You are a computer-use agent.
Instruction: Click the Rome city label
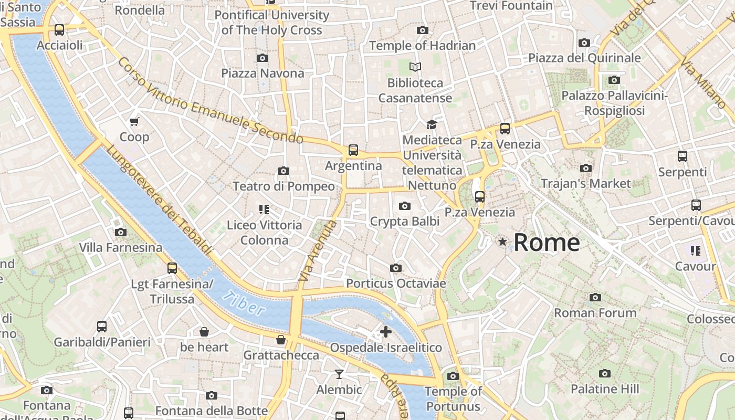coord(547,243)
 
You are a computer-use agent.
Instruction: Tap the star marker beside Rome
coord(503,241)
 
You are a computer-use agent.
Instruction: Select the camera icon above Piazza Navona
coord(262,58)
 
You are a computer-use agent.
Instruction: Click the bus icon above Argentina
coord(353,150)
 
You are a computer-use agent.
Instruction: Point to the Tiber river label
coord(244,304)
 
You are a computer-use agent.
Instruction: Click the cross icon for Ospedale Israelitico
coord(386,332)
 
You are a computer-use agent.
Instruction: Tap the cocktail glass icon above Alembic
coord(339,374)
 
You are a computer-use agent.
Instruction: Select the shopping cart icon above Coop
coord(134,122)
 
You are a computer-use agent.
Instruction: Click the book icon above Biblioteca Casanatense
coord(415,67)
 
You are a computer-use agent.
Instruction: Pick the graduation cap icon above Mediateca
coord(432,124)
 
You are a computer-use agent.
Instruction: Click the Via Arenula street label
coord(317,250)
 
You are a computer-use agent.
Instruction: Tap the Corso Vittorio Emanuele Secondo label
coord(210,101)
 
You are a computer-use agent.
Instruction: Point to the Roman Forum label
coord(595,313)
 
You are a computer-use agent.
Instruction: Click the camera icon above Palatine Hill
coord(605,373)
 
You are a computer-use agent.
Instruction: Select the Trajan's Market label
coord(585,184)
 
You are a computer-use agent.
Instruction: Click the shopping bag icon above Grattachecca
coord(281,340)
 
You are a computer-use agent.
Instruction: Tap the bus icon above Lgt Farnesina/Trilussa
coord(172,268)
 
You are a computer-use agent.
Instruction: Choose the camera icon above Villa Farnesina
coord(120,232)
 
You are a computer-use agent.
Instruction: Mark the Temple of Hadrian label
coord(422,46)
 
